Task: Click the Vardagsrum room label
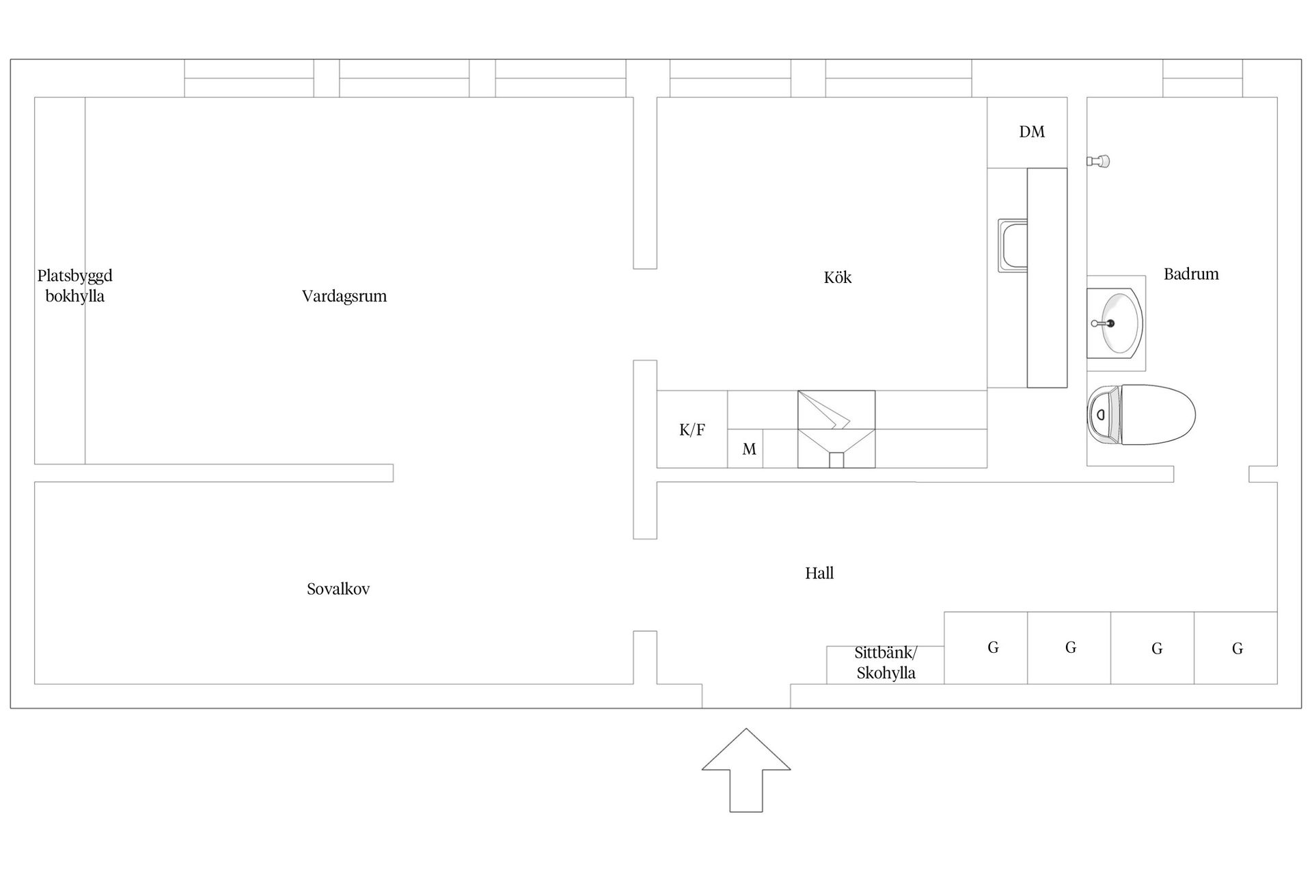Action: [x=344, y=296]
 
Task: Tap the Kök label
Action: [x=838, y=277]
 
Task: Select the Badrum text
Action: [x=1191, y=274]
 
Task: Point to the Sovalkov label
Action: [x=338, y=589]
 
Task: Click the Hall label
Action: [x=819, y=573]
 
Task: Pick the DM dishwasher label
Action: [x=1032, y=132]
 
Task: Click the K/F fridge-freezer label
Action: [x=692, y=430]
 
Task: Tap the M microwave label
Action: [x=750, y=449]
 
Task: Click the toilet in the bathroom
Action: [x=1141, y=415]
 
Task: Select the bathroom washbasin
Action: [x=1115, y=323]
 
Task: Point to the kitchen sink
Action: [x=1013, y=245]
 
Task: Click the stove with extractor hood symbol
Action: [x=836, y=429]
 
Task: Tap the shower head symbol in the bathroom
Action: [x=1099, y=161]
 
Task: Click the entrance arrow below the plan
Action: [x=746, y=770]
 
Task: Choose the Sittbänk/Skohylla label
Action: [x=886, y=662]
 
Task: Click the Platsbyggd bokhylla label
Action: [x=74, y=286]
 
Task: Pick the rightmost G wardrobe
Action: [x=1236, y=648]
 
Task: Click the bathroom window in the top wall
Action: [x=1203, y=78]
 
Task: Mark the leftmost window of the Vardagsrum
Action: [x=249, y=78]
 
